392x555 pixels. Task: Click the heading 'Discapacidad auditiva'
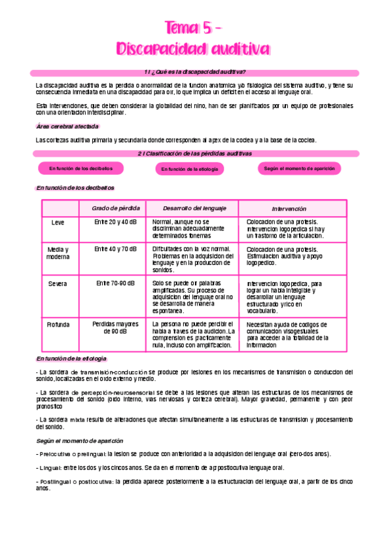click(x=194, y=49)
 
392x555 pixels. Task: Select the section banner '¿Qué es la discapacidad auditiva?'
click(x=197, y=71)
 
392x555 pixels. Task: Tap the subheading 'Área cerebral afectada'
click(x=67, y=126)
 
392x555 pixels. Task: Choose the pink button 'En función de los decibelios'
click(x=76, y=168)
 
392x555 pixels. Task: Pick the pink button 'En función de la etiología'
click(x=189, y=169)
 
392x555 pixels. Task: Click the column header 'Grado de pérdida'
click(x=115, y=208)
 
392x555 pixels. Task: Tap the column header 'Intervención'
click(x=289, y=208)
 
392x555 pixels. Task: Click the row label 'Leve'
click(x=58, y=223)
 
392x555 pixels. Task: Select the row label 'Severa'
click(x=58, y=283)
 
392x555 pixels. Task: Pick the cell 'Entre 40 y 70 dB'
click(x=115, y=249)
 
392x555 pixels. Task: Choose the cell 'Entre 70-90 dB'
click(x=115, y=283)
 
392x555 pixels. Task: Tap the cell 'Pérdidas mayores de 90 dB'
click(x=115, y=328)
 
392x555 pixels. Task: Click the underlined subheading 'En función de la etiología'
click(x=71, y=359)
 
